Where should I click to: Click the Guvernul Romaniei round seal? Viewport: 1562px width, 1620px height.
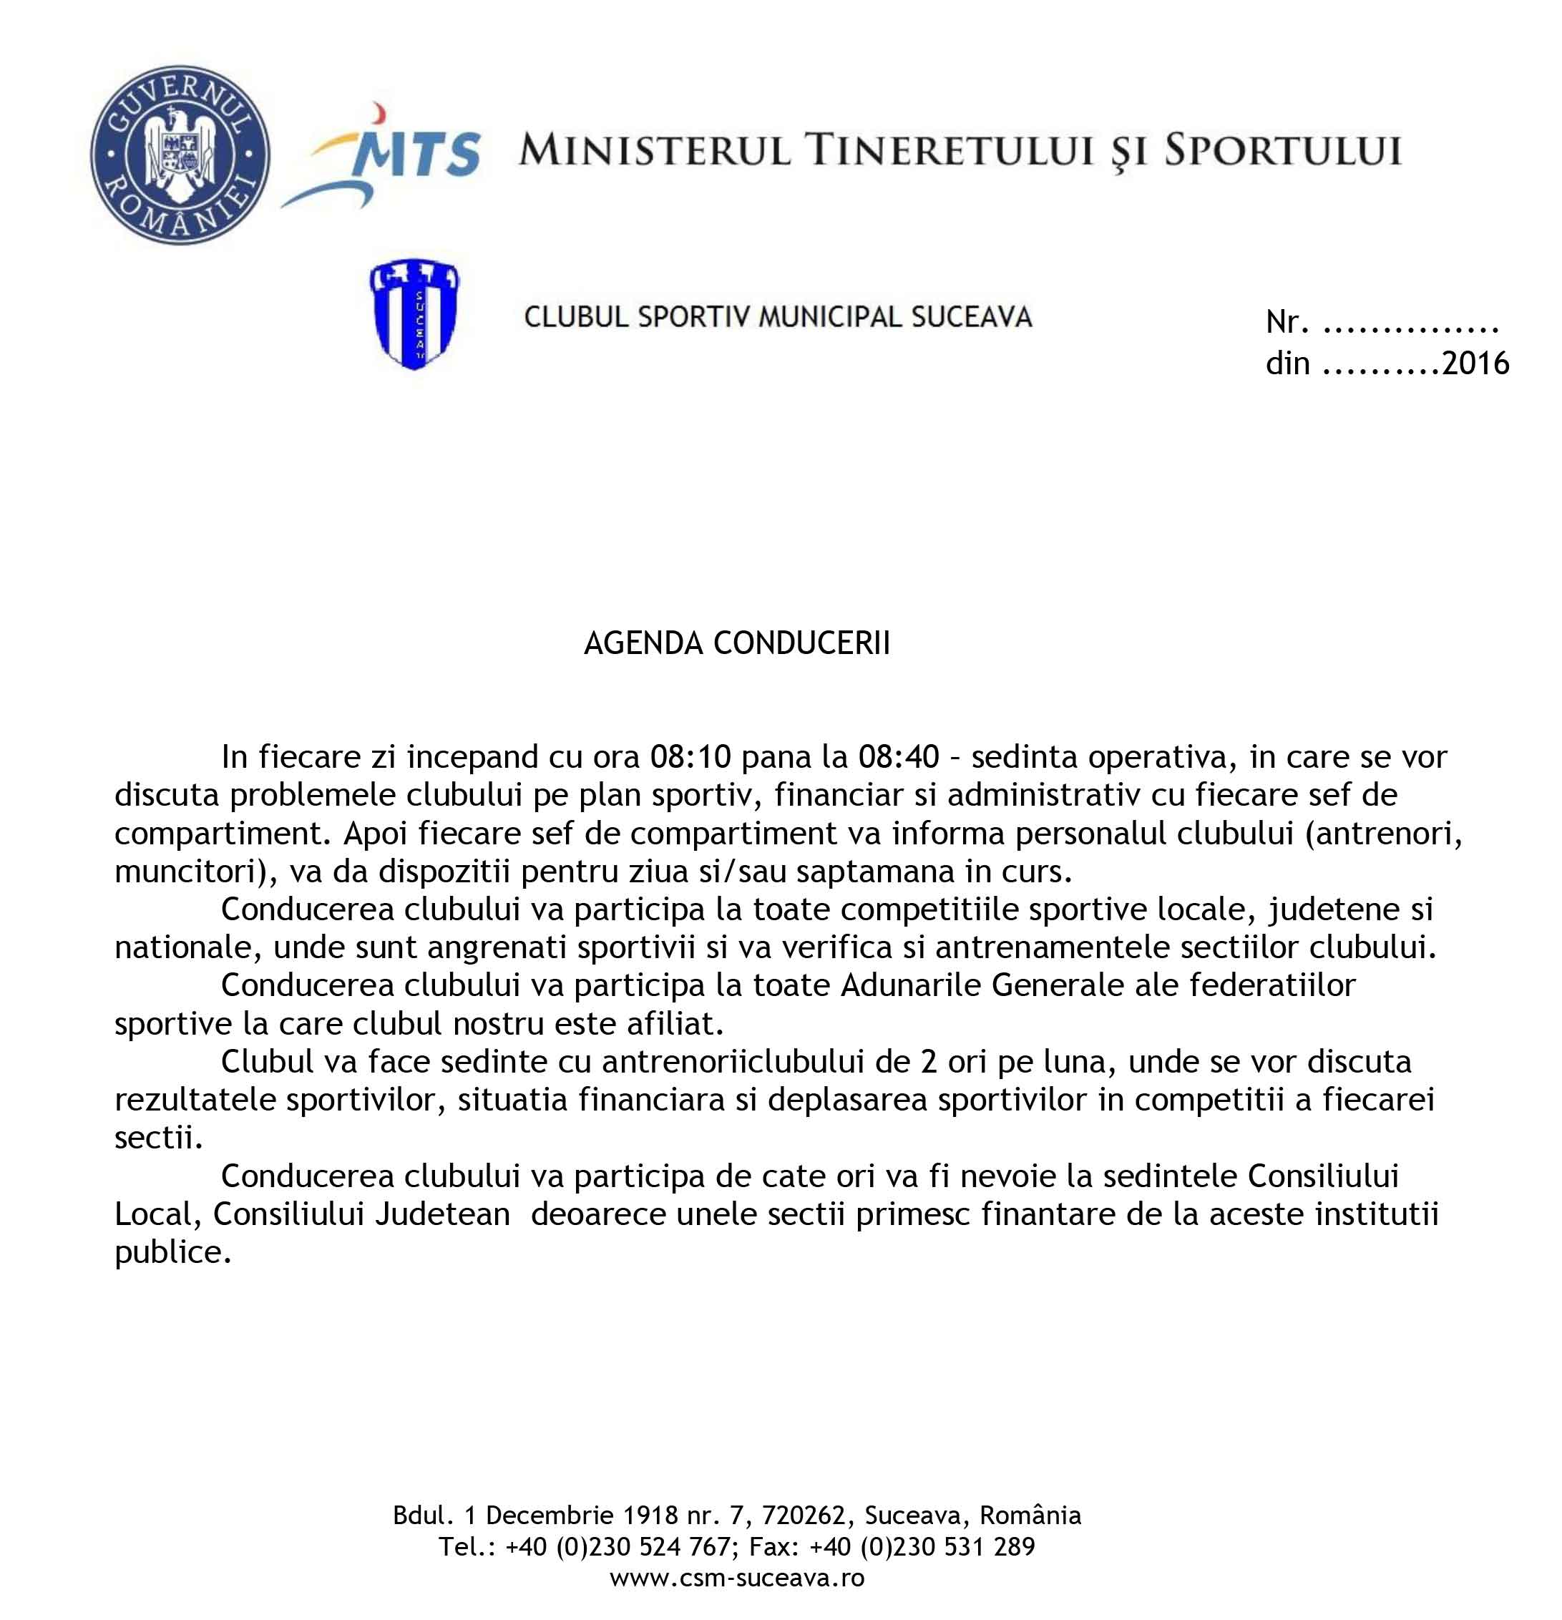point(180,155)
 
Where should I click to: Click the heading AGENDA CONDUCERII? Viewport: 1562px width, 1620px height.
point(736,643)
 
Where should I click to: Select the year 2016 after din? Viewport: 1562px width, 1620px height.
point(1475,363)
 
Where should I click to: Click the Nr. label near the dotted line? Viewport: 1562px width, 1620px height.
point(1287,322)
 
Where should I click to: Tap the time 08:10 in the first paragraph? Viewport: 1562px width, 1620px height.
point(690,757)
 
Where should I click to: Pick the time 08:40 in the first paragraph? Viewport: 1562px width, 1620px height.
point(899,757)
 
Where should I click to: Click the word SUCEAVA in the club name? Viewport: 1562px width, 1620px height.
point(971,316)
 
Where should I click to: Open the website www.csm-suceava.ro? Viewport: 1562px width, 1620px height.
point(736,1578)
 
